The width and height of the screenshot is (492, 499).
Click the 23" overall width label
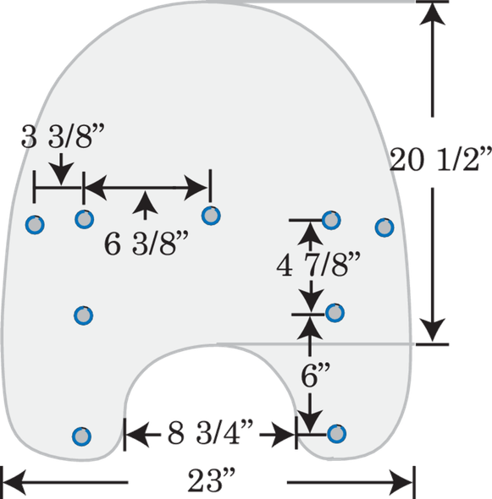[x=211, y=480]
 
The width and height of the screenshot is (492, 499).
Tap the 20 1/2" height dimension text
[x=440, y=160]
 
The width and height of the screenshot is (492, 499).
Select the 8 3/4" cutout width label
[x=210, y=432]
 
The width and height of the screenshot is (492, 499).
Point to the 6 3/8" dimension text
[x=146, y=244]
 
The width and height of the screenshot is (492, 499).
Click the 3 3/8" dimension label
[x=63, y=137]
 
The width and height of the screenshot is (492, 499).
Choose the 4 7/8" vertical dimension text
[x=318, y=265]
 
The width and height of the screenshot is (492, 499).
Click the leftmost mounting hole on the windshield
[x=35, y=225]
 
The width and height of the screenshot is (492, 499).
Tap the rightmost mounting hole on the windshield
[x=384, y=228]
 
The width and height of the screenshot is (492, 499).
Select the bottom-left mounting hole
[x=81, y=436]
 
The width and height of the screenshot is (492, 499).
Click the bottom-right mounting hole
[x=336, y=434]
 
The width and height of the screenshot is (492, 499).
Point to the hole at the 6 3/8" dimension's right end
[x=211, y=216]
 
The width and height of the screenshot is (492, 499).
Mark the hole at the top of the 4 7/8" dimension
[x=331, y=220]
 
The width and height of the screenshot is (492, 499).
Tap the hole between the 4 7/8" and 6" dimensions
[x=334, y=313]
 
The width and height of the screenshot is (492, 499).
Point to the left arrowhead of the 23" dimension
[x=14, y=482]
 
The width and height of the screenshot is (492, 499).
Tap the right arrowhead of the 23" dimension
[x=401, y=482]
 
